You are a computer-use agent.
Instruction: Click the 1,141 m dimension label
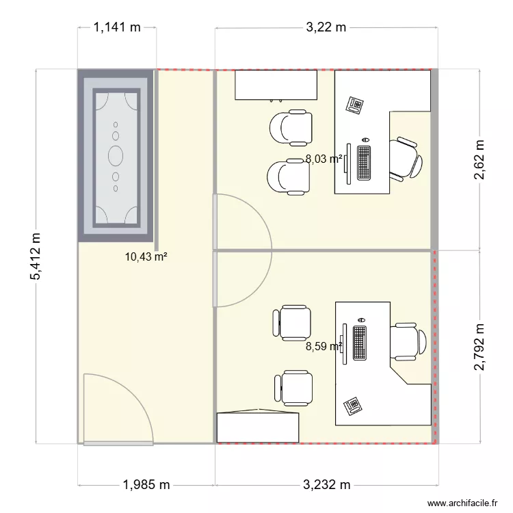pos(116,28)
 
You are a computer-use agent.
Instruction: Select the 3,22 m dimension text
pos(326,28)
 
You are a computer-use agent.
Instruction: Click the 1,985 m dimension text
pos(146,485)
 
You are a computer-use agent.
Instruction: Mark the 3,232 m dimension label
pos(326,485)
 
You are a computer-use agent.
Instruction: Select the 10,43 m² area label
pos(146,257)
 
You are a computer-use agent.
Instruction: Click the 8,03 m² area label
pos(324,159)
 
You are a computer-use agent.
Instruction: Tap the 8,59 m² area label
pos(324,346)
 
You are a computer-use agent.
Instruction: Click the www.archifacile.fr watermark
pos(462,504)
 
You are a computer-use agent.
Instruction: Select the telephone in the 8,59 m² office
pos(352,405)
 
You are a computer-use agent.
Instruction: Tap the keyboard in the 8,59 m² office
pos(360,343)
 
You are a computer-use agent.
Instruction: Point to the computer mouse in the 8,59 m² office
pos(362,319)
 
